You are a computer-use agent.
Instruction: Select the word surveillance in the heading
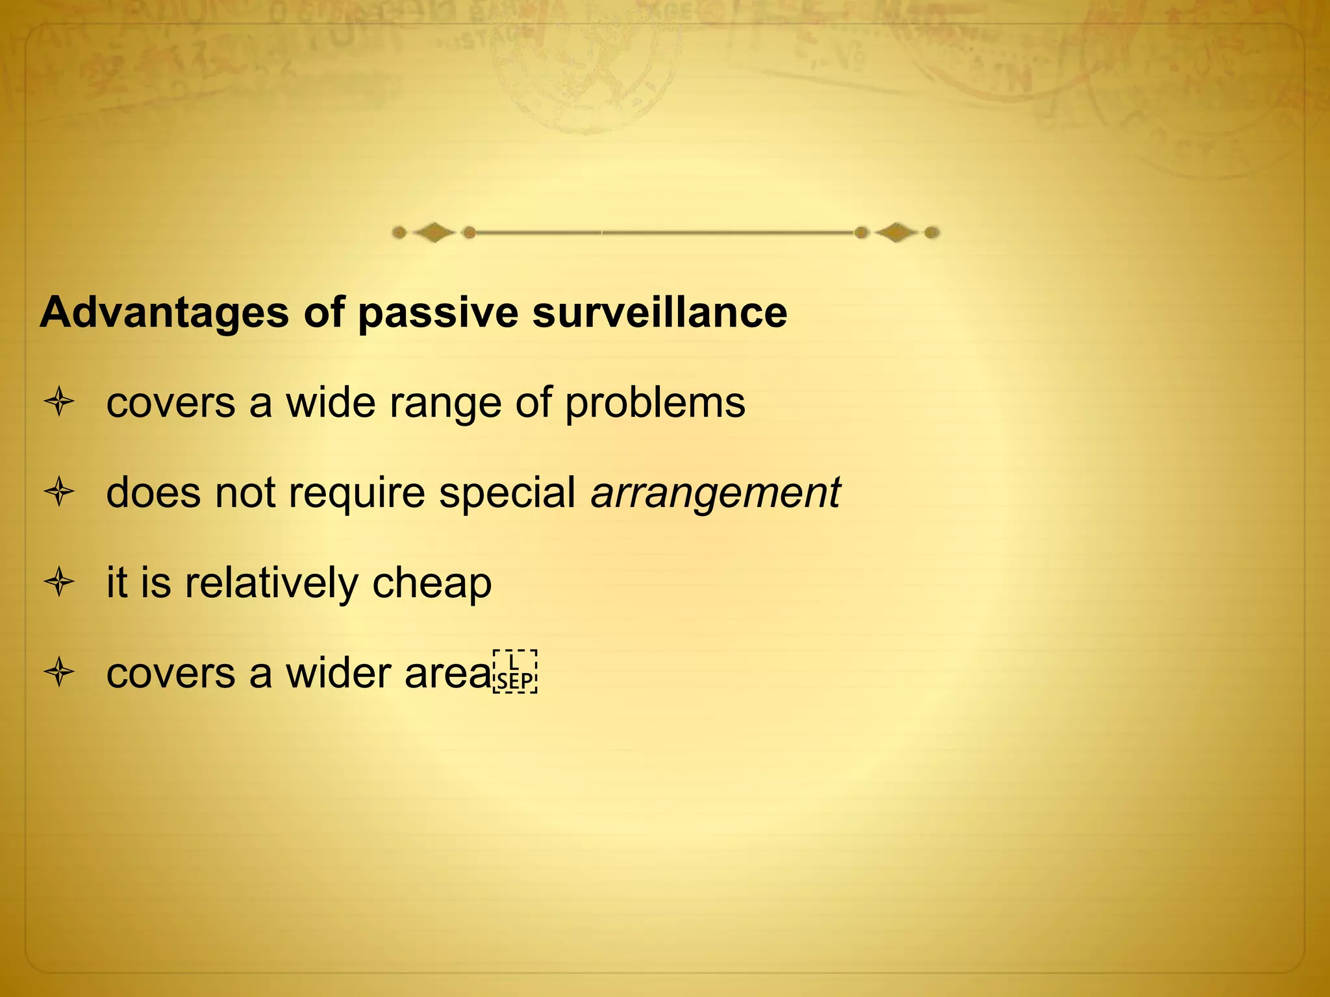pyautogui.click(x=660, y=314)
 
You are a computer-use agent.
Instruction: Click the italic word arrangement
pyautogui.click(x=715, y=493)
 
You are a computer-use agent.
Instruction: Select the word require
pyautogui.click(x=357, y=493)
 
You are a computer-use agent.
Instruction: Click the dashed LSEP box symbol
pyautogui.click(x=515, y=672)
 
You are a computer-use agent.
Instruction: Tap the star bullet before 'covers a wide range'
pyautogui.click(x=59, y=402)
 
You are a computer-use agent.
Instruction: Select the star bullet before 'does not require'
pyautogui.click(x=59, y=492)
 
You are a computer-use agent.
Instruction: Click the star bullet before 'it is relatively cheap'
pyautogui.click(x=59, y=582)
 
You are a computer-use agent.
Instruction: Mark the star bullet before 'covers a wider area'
pyautogui.click(x=59, y=672)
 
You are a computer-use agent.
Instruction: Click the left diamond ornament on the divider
pyautogui.click(x=434, y=232)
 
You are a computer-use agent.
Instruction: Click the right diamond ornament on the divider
pyautogui.click(x=896, y=232)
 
